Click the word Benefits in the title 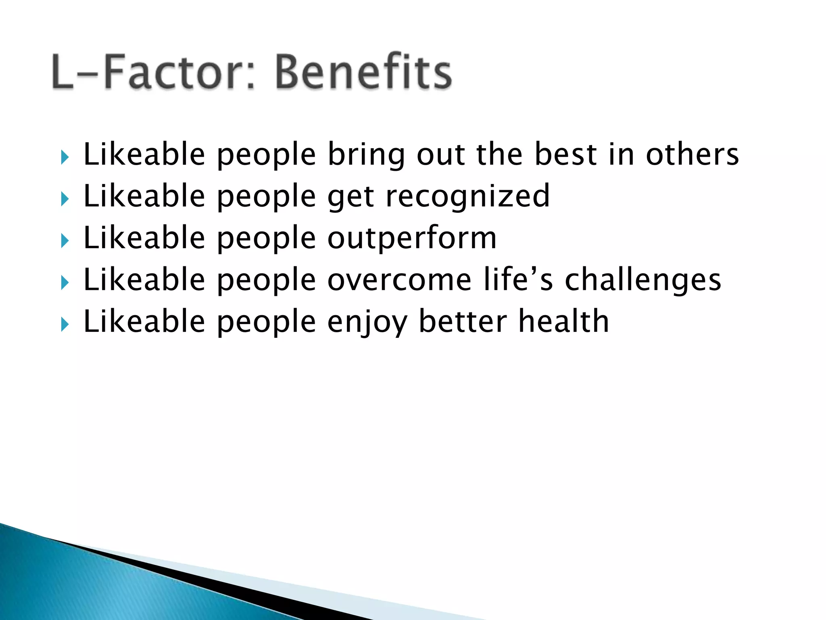pos(363,72)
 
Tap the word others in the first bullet pos(692,154)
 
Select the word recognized pos(468,196)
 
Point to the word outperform pos(412,238)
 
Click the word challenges pos(643,280)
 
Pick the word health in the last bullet pos(563,321)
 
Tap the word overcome pos(399,280)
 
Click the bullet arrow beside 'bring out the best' pos(65,157)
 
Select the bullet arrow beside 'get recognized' pos(65,199)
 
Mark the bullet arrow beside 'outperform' pos(65,241)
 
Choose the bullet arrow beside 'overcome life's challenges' pos(65,283)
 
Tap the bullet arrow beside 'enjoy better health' pos(65,324)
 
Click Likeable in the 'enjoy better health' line pos(144,321)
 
